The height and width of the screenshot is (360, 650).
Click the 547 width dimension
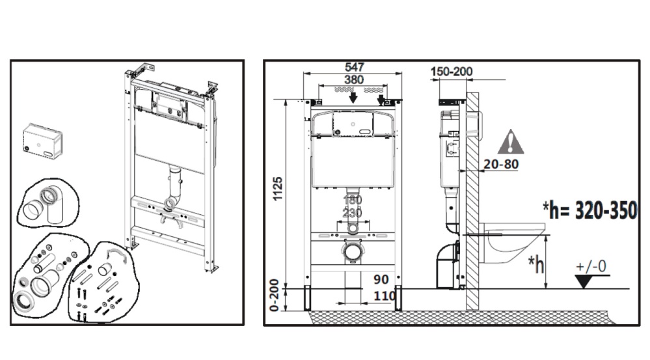tap(355, 67)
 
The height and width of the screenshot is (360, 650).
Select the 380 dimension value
tap(355, 79)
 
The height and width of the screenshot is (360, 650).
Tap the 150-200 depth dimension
tap(451, 72)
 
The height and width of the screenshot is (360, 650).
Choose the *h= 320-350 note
tap(589, 211)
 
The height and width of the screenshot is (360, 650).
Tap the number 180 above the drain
tap(352, 200)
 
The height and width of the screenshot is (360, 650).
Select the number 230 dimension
tap(352, 212)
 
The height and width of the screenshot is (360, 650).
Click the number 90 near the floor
tap(381, 279)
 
